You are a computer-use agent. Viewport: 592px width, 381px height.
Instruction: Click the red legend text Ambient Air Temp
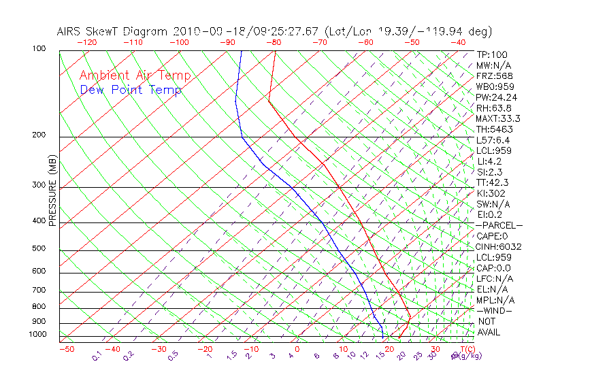point(135,76)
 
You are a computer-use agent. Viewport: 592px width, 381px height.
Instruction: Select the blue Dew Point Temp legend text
point(131,90)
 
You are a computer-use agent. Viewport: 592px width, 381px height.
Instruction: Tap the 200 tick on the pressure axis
point(38,135)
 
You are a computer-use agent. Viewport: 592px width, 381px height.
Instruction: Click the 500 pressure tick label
point(38,248)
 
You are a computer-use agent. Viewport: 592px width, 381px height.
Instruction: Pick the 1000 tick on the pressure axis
point(37,334)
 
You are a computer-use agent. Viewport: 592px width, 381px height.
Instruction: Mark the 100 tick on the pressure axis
point(38,49)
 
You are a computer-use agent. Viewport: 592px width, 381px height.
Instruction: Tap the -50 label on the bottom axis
point(66,350)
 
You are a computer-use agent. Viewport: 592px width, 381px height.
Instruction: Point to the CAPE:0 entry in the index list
point(493,236)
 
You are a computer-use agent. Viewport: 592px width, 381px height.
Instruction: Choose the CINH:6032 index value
point(499,247)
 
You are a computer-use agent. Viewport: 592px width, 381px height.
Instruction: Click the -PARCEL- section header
point(499,225)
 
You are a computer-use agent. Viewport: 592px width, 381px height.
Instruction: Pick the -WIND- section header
point(495,311)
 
